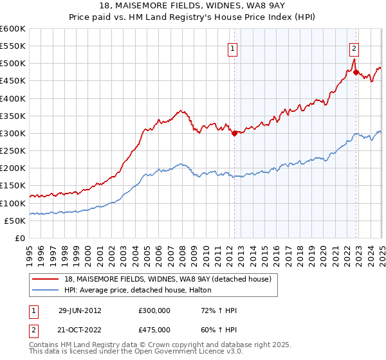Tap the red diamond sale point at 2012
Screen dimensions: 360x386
[234, 134]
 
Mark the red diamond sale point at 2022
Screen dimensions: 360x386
[356, 72]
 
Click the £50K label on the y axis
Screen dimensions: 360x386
[15, 221]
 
